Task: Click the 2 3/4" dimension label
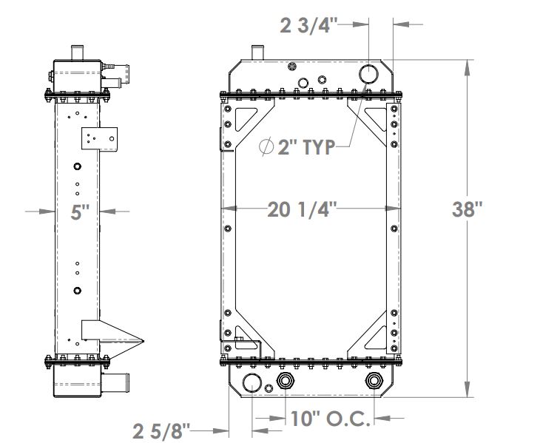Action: [x=309, y=26]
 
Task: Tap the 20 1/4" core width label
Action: [x=302, y=210]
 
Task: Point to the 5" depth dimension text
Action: [x=79, y=212]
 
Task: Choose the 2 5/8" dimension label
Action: [x=162, y=429]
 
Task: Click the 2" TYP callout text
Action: [x=305, y=146]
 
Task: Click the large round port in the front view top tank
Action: [x=368, y=73]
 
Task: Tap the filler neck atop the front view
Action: [x=257, y=54]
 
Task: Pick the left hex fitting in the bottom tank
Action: [x=286, y=382]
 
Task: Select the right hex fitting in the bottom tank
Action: [x=374, y=382]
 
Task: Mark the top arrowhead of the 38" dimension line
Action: [x=467, y=67]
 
